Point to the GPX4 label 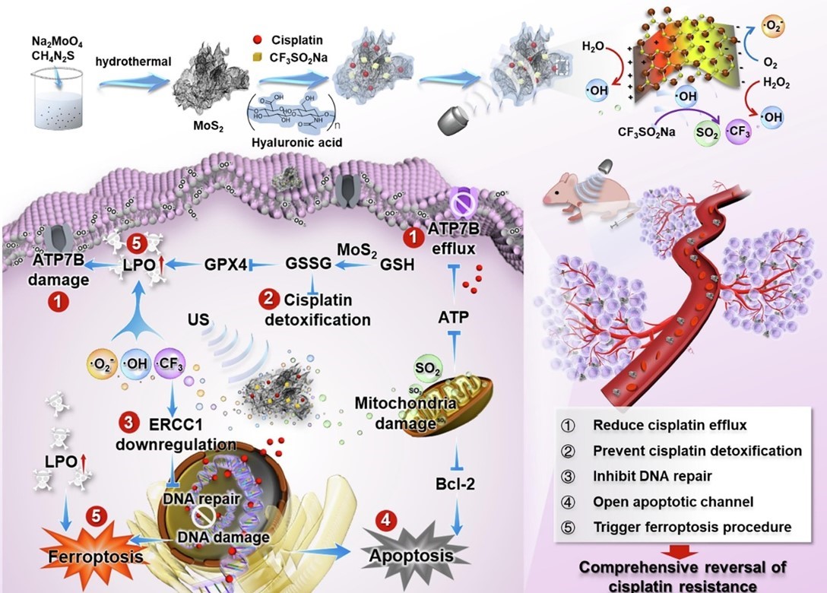pyautogui.click(x=226, y=265)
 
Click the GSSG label pyautogui.click(x=308, y=265)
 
